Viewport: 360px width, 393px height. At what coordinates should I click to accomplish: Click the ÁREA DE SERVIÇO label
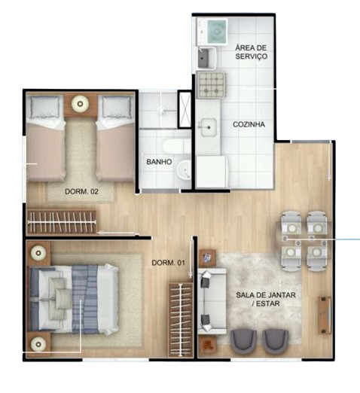(251, 52)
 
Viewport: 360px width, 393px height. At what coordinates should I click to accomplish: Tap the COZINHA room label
(249, 124)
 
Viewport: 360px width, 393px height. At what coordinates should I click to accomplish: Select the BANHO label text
(159, 162)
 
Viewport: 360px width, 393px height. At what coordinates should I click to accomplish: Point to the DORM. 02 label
(81, 191)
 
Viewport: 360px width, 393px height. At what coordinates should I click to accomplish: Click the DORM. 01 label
(168, 263)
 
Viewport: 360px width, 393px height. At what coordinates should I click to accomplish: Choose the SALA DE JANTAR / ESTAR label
(266, 299)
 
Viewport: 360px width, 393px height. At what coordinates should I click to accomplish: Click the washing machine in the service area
(218, 32)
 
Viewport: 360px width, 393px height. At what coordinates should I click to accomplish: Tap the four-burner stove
(211, 85)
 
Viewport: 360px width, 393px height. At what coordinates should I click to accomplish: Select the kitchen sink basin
(209, 127)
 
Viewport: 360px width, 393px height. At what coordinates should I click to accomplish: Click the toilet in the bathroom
(176, 146)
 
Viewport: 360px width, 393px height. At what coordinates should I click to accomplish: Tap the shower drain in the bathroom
(160, 110)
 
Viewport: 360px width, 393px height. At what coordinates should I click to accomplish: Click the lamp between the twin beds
(80, 103)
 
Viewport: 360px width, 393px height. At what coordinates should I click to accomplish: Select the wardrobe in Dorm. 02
(62, 222)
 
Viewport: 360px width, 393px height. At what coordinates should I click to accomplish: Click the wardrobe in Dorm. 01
(181, 320)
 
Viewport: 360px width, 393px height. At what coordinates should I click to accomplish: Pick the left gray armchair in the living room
(243, 343)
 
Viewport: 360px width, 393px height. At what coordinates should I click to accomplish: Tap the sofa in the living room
(212, 301)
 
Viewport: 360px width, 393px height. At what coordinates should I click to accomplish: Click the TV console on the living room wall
(325, 315)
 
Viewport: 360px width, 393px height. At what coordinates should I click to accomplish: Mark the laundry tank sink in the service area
(206, 58)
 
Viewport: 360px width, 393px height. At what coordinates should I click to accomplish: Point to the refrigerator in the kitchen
(212, 172)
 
